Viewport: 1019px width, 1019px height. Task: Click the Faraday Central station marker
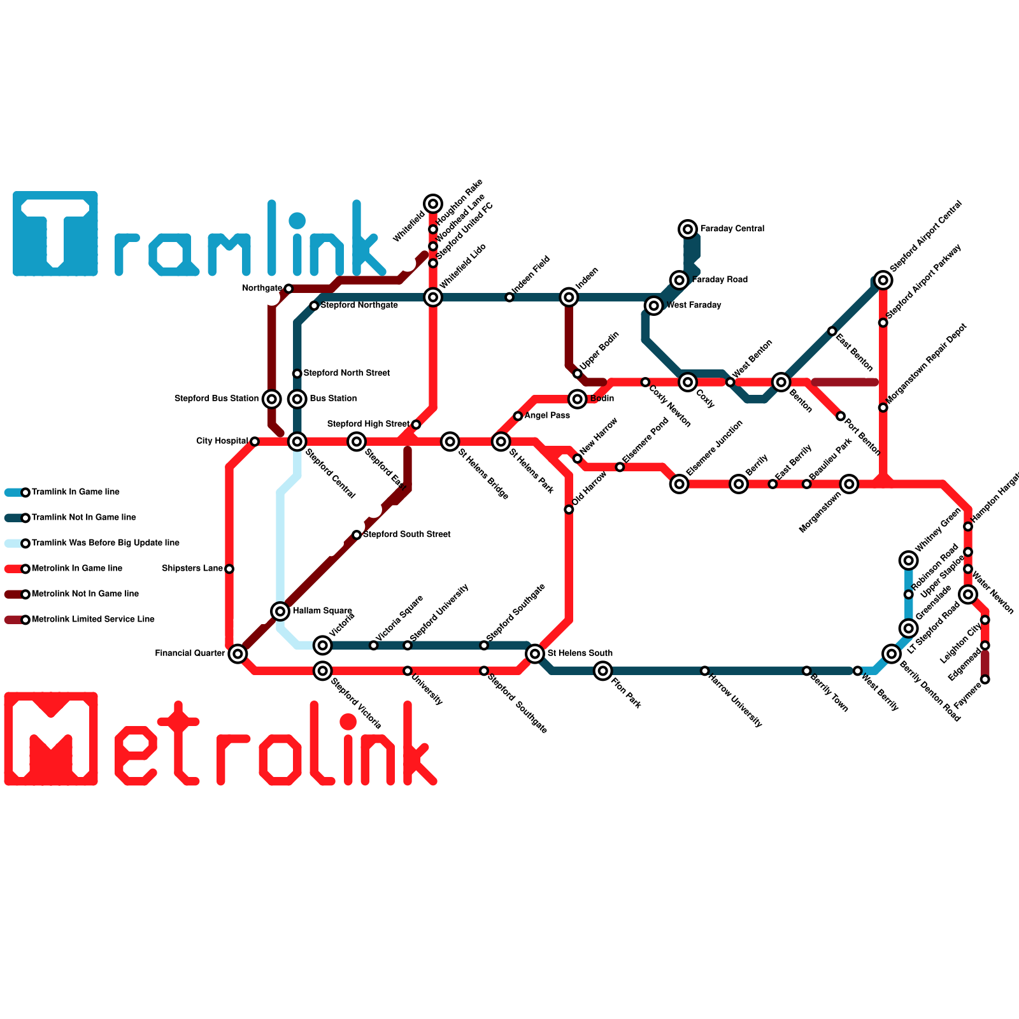click(688, 229)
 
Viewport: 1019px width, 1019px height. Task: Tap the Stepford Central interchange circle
click(297, 441)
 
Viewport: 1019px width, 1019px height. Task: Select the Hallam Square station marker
click(280, 611)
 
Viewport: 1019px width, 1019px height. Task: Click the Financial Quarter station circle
click(238, 653)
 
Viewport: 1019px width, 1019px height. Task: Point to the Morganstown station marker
click(849, 484)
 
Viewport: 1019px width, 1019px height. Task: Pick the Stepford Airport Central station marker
click(883, 280)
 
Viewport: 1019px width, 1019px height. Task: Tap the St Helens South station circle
click(535, 653)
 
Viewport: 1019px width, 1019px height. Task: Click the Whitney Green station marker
click(909, 560)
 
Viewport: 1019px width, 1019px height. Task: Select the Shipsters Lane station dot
click(229, 569)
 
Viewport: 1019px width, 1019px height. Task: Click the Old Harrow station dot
click(569, 509)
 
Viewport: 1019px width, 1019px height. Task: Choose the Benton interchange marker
click(781, 382)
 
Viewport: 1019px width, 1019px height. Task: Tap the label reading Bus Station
click(333, 399)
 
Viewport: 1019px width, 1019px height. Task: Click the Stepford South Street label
click(406, 534)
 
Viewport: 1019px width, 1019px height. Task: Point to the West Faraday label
click(694, 305)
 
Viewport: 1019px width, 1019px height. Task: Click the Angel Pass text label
click(547, 416)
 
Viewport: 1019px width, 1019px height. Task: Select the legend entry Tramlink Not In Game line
click(83, 517)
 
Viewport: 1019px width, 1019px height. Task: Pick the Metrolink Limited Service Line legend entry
click(92, 619)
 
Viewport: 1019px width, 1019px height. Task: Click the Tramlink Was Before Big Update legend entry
click(105, 543)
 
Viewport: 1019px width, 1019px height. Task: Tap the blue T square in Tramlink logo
click(55, 234)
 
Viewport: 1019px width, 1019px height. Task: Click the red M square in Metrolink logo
click(51, 739)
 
